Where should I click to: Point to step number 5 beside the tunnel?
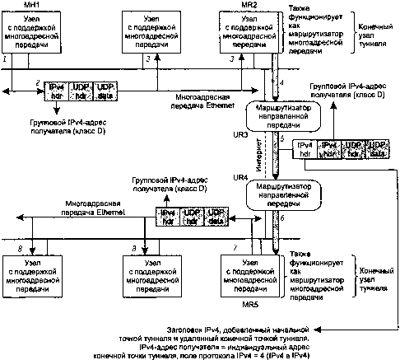[x=281, y=140]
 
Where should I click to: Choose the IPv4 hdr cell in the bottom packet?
[x=169, y=216]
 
